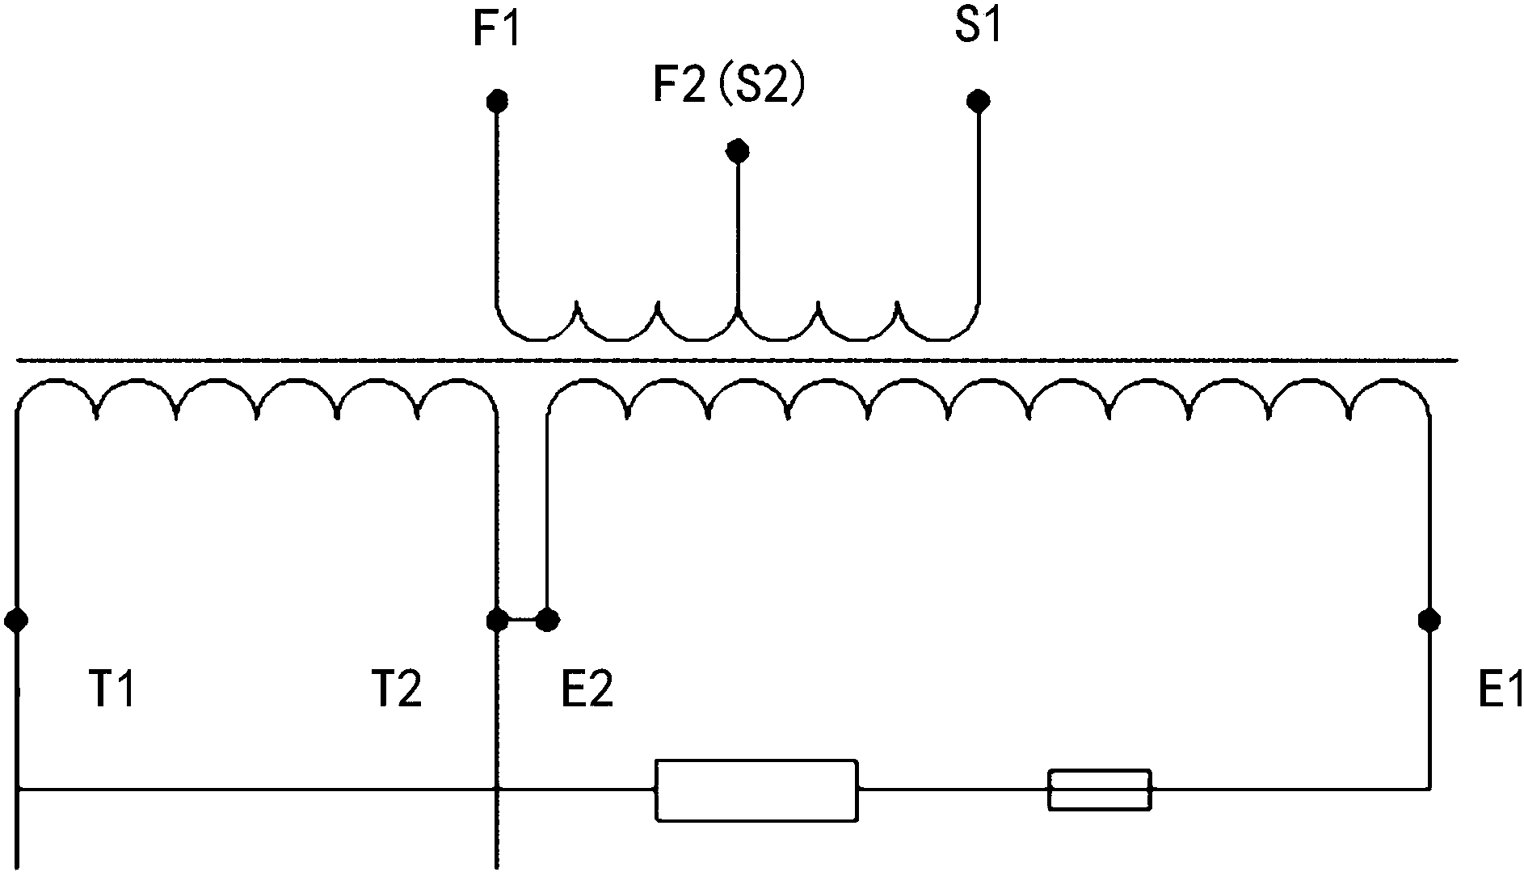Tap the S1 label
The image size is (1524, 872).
click(978, 27)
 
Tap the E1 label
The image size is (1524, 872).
click(1500, 693)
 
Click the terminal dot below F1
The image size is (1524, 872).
click(497, 101)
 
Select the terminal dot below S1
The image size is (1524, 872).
click(979, 101)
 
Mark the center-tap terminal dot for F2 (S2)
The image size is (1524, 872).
click(737, 150)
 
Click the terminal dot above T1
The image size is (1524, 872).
click(16, 620)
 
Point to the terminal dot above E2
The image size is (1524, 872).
click(548, 620)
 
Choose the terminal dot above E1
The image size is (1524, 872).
click(1429, 620)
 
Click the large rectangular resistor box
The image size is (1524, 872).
click(756, 790)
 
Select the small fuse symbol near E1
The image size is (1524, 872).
click(1100, 790)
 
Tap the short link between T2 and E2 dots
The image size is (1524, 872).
click(523, 620)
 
